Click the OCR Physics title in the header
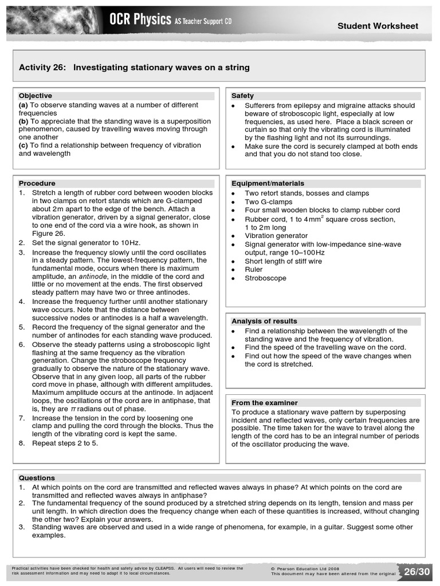pyautogui.click(x=140, y=21)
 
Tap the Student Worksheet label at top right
pyautogui.click(x=378, y=26)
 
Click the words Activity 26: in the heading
pyautogui.click(x=43, y=68)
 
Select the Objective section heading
pyautogui.click(x=35, y=96)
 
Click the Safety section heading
pyautogui.click(x=242, y=96)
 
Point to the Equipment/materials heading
pyautogui.click(x=268, y=183)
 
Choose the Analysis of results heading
pyautogui.click(x=264, y=321)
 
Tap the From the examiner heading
pyautogui.click(x=264, y=402)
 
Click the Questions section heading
pyautogui.click(x=37, y=477)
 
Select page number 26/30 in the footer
pyautogui.click(x=417, y=572)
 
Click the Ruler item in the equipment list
pyautogui.click(x=254, y=270)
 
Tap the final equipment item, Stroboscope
pyautogui.click(x=265, y=278)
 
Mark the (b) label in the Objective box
pyautogui.click(x=23, y=121)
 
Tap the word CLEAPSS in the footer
pyautogui.click(x=164, y=568)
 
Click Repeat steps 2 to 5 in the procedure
pyautogui.click(x=65, y=443)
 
